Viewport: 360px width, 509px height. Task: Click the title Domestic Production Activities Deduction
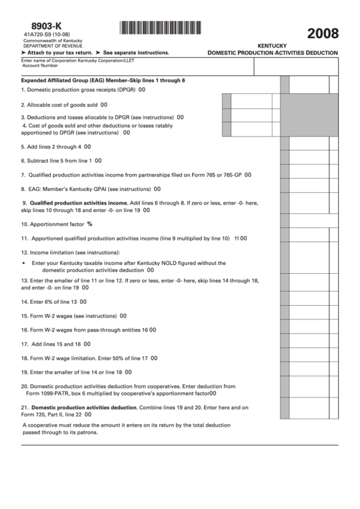(x=272, y=52)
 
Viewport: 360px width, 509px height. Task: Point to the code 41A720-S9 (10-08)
(x=46, y=35)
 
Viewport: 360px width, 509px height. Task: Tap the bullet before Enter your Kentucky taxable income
(x=24, y=263)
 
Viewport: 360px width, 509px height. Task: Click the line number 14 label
(x=24, y=302)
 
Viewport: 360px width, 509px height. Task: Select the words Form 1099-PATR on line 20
(x=51, y=393)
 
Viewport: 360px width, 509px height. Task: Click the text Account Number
(x=40, y=66)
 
